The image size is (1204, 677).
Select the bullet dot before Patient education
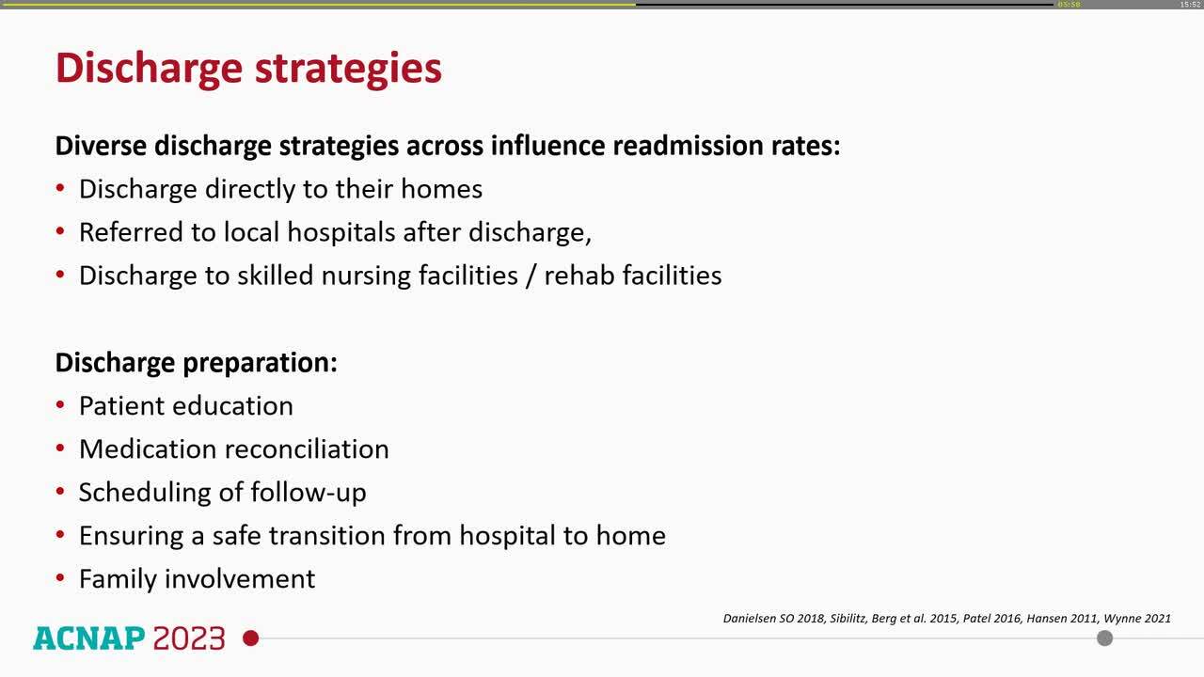pyautogui.click(x=60, y=405)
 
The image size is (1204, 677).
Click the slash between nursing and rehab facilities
pyautogui.click(x=531, y=276)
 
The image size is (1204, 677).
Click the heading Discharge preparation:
pyautogui.click(x=196, y=362)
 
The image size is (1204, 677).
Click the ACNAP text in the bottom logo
pyautogui.click(x=88, y=638)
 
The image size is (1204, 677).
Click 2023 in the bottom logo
pyautogui.click(x=189, y=638)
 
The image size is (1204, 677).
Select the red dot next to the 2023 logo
pyautogui.click(x=250, y=638)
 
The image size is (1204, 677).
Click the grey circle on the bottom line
pyautogui.click(x=1105, y=638)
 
